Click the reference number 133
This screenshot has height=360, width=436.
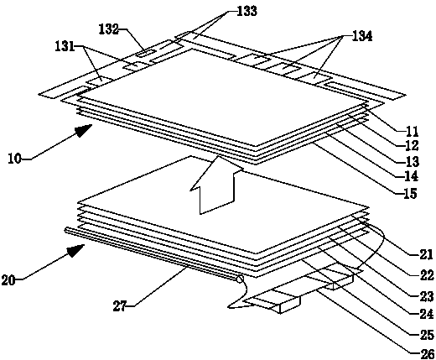point(247,12)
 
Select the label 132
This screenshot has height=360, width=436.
point(109,29)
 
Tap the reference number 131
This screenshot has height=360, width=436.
point(65,46)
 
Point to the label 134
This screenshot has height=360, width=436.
point(362,36)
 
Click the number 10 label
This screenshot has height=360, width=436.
point(14,159)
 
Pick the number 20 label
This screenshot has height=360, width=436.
point(8,280)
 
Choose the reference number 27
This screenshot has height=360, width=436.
point(120,306)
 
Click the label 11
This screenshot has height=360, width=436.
point(412,131)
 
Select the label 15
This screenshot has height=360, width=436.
point(410,193)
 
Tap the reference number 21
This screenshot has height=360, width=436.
point(426,254)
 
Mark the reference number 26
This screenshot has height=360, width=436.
point(428,354)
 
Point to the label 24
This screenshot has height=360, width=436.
point(427,314)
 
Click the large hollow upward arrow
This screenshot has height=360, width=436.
point(216,185)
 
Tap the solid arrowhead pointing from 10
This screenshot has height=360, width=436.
point(84,131)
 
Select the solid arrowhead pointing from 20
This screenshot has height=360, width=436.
point(76,251)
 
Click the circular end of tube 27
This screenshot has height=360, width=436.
point(240,279)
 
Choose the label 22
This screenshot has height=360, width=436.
point(427,275)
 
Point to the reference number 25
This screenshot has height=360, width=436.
point(428,335)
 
